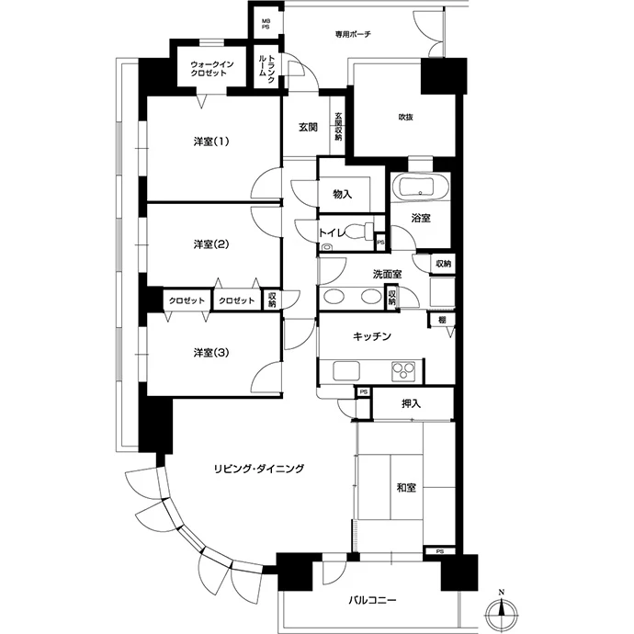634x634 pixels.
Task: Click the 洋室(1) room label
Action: [x=211, y=142]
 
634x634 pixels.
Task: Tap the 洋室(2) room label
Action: [x=211, y=244]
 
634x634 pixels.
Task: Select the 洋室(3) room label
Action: [x=211, y=353]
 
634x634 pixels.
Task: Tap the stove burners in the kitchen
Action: [x=403, y=371]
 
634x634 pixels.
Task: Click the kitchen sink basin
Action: [x=346, y=371]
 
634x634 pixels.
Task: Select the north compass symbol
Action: [x=502, y=612]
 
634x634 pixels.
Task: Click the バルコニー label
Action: [x=372, y=600]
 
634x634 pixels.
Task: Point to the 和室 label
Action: [x=406, y=488]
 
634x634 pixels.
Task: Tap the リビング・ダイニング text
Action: [x=259, y=469]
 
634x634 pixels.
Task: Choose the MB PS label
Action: [x=266, y=24]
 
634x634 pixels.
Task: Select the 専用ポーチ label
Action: [x=353, y=34]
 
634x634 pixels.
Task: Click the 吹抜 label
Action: [x=405, y=118]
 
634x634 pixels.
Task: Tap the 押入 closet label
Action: [x=412, y=403]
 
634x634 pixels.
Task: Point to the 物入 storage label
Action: [x=343, y=195]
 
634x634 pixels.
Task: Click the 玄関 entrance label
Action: [x=308, y=127]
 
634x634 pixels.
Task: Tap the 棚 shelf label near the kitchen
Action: [x=442, y=320]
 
